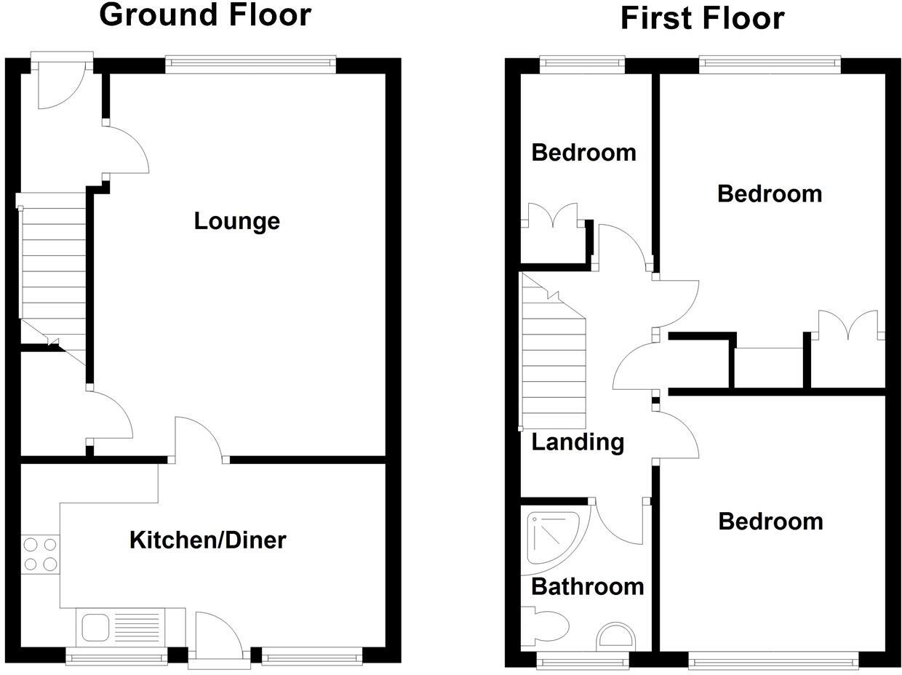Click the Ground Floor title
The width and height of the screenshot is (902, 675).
(205, 15)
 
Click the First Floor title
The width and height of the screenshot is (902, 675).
(702, 18)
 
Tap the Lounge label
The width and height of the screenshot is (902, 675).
(236, 221)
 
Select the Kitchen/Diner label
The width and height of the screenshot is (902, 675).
(207, 540)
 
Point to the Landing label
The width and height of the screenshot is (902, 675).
(578, 442)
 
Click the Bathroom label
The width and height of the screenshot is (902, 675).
(588, 587)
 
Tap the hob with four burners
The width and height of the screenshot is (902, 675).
(40, 555)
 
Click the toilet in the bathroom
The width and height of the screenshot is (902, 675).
(548, 626)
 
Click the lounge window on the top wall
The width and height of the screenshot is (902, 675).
(251, 65)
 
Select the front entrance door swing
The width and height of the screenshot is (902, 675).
(62, 85)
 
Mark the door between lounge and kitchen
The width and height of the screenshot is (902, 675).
(199, 439)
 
